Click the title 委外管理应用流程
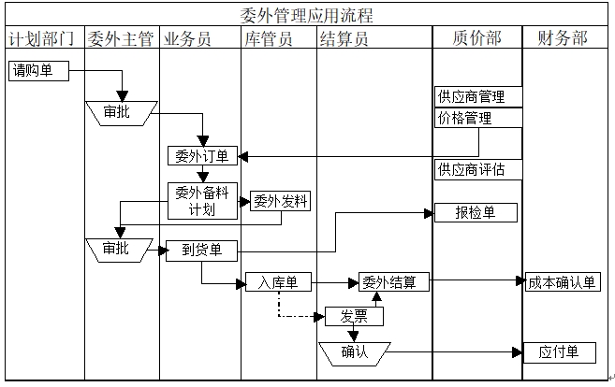307,16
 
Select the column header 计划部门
41,38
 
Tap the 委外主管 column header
121,38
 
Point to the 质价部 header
476,38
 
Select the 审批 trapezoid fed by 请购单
118,112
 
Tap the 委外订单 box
202,155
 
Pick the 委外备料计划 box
202,201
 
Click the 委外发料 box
280,200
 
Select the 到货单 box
201,251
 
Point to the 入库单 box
278,281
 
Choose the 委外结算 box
393,281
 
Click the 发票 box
354,316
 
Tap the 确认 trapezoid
354,351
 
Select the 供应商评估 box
477,169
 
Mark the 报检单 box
476,212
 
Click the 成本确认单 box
561,281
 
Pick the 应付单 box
559,351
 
